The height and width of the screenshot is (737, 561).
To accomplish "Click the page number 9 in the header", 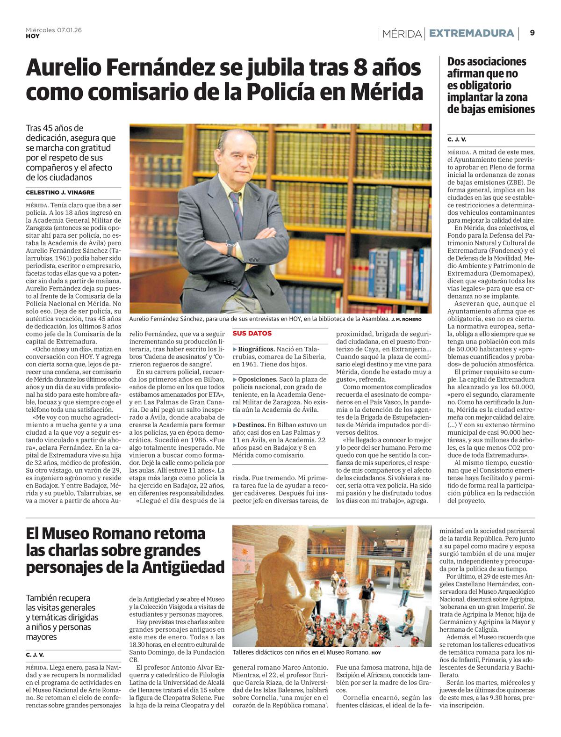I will (532, 33).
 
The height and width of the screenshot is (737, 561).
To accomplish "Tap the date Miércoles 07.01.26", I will (54, 30).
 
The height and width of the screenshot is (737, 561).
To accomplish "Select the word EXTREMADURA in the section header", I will (471, 33).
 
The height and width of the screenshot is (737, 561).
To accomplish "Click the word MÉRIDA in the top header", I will (402, 34).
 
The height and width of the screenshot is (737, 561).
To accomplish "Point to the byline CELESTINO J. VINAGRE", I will (60, 192).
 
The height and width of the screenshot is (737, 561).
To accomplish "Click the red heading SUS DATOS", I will (252, 334).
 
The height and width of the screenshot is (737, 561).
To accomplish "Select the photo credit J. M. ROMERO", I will (406, 320).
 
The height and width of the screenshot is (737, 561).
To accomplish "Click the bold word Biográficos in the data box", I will (256, 349).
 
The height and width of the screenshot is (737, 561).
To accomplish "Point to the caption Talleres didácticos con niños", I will (299, 652).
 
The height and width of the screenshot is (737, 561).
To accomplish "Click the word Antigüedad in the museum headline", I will (183, 567).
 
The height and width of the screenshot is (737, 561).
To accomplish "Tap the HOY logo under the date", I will (33, 36).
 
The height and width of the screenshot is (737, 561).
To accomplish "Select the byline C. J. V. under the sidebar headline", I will (457, 139).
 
